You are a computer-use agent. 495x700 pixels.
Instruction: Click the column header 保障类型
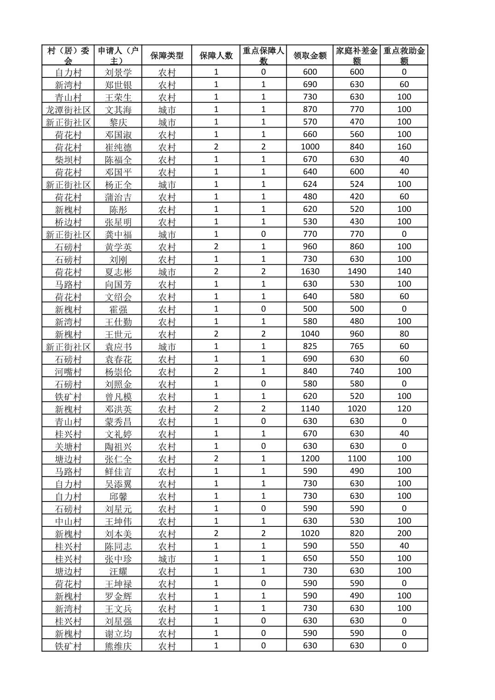coord(166,56)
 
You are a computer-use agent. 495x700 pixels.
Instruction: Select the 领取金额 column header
coord(310,56)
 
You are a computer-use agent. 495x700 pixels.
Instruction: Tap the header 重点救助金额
coord(404,56)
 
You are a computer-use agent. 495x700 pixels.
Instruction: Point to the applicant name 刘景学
coord(118,72)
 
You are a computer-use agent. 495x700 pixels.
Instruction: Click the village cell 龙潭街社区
coord(68,110)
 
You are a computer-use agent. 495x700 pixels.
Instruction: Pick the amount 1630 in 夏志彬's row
coord(310,272)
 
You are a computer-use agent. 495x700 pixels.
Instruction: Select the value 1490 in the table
coord(357,272)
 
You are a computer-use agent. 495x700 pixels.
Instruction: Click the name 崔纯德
coord(118,147)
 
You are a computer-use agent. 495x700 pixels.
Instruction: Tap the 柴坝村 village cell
coord(68,159)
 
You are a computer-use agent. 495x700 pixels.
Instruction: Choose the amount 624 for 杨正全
coord(310,184)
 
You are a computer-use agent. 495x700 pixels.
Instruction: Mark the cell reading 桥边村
coord(68,222)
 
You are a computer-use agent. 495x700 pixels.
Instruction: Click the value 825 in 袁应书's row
coord(310,346)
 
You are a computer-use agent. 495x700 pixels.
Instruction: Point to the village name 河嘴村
coord(68,371)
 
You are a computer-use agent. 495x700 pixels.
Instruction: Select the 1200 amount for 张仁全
coord(310,459)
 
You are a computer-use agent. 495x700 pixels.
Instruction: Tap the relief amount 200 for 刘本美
coord(404,533)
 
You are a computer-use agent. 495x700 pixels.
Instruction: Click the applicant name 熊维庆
coord(118,646)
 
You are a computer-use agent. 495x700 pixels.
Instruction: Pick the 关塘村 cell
coord(68,446)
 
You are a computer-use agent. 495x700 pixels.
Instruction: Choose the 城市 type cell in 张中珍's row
coord(167,559)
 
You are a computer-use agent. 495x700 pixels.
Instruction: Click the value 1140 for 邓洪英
coord(310,408)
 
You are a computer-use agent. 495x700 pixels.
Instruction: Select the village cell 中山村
coord(68,521)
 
